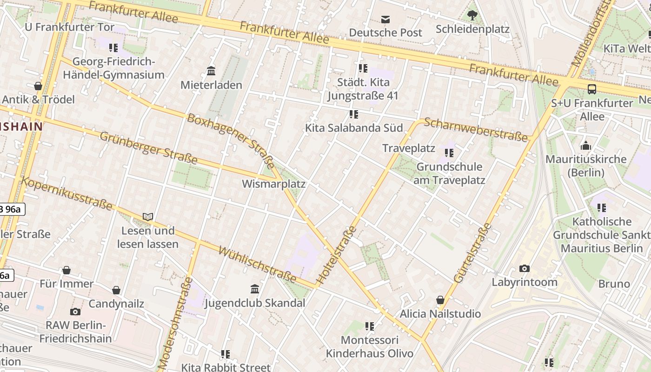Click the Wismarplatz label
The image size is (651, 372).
[273, 184]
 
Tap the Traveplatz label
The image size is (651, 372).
[408, 148]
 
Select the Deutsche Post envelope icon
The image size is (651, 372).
[385, 19]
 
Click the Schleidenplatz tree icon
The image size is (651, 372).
[472, 15]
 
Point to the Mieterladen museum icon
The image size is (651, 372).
[211, 71]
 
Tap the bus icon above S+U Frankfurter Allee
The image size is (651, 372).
[592, 89]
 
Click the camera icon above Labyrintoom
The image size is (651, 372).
[524, 268]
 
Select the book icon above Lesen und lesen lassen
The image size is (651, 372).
[148, 217]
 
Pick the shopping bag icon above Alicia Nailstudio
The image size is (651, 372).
[440, 300]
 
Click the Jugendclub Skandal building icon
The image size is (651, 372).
[254, 289]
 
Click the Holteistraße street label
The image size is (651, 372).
[336, 255]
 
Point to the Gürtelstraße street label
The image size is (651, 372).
[472, 253]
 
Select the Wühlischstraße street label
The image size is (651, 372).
[257, 265]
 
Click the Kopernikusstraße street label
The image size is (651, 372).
[67, 193]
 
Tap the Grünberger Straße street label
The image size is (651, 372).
[148, 147]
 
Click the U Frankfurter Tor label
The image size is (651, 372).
[69, 27]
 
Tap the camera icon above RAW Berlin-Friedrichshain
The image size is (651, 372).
[75, 312]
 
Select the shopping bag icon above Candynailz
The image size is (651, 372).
[116, 290]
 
